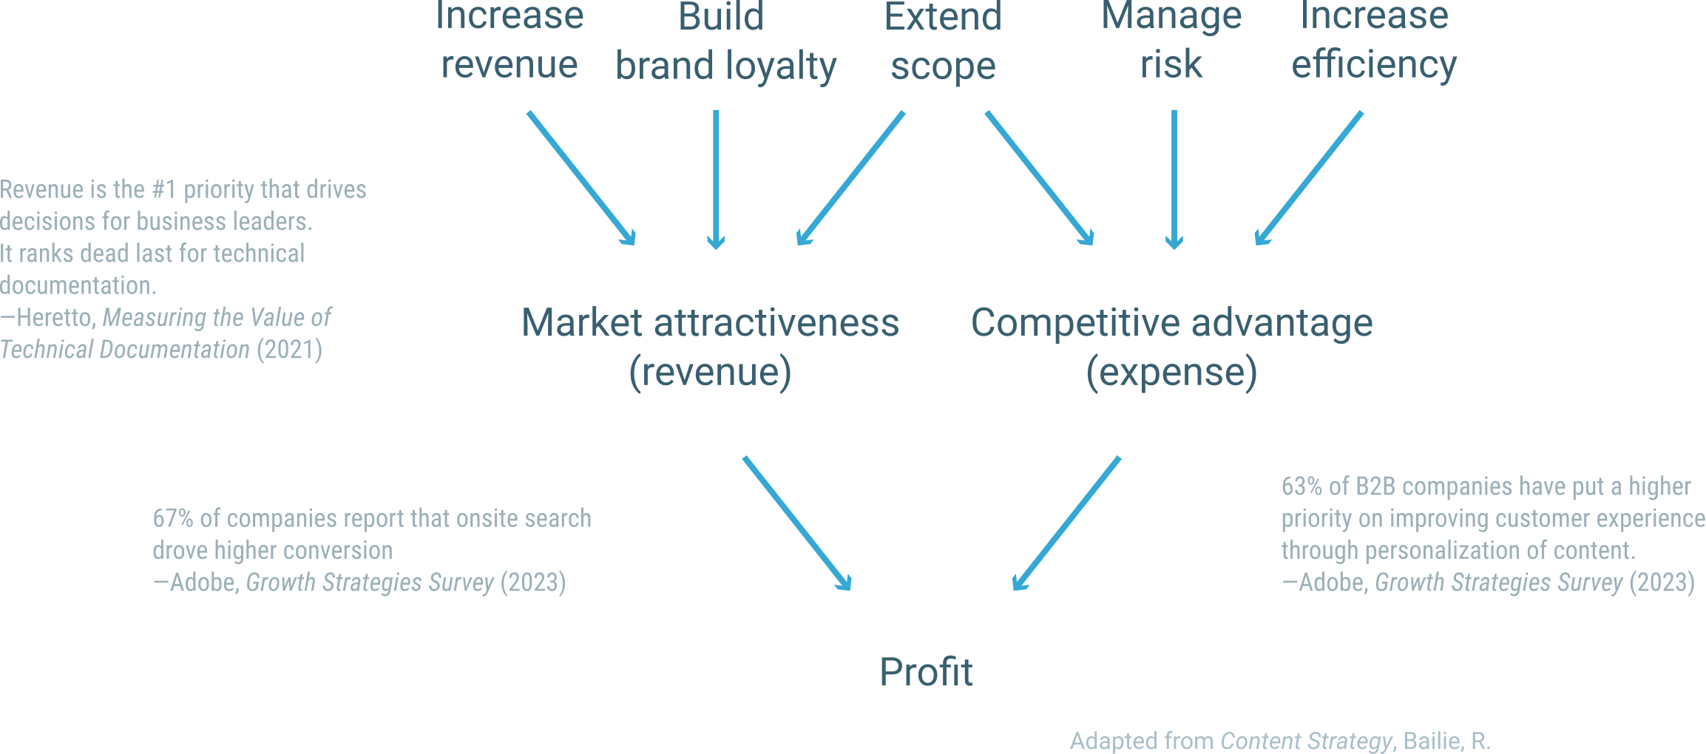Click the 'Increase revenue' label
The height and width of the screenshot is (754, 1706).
tap(510, 40)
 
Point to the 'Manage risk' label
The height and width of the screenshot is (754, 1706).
tap(1171, 40)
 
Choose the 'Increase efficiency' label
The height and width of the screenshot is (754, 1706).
tap(1374, 40)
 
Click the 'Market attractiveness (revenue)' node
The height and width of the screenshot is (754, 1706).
tap(710, 346)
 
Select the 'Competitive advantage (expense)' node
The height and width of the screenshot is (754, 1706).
tap(1171, 346)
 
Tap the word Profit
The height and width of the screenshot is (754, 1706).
tap(926, 672)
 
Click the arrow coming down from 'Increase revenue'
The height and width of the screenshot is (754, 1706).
tap(581, 178)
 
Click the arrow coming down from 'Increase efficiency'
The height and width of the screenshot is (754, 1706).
tap(1309, 178)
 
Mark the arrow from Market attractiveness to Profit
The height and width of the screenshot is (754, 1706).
tap(797, 523)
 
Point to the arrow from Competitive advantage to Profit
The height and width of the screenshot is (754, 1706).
tap(1066, 523)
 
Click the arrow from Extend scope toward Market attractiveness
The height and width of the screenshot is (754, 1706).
tap(850, 178)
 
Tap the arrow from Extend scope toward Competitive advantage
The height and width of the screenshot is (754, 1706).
tap(1040, 178)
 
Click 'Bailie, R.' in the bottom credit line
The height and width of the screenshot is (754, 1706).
tap(1446, 741)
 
